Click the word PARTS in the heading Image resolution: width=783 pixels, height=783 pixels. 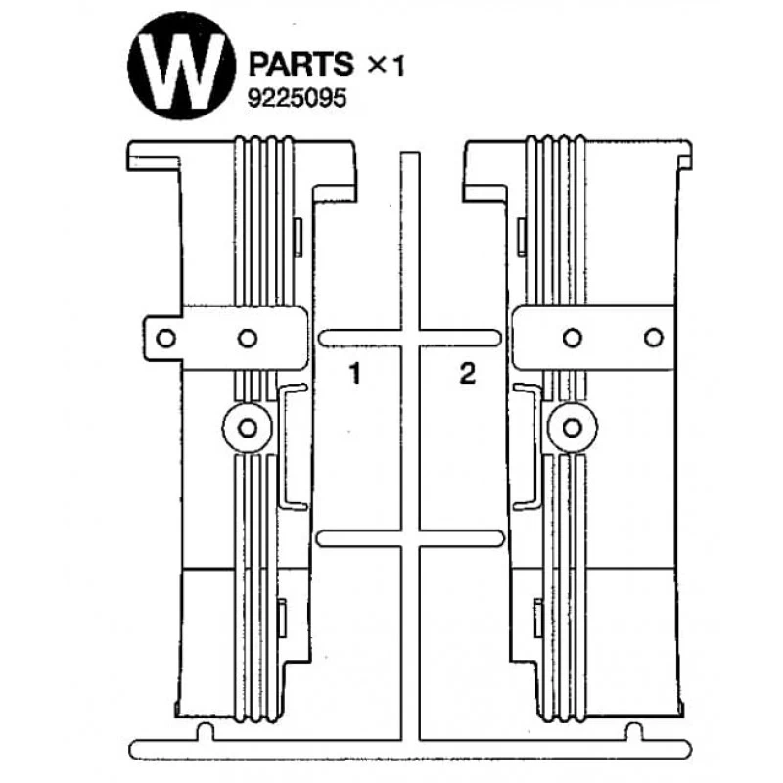click(x=300, y=65)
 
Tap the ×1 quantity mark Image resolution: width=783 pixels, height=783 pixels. click(x=385, y=66)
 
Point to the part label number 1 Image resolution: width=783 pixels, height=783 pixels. click(x=357, y=372)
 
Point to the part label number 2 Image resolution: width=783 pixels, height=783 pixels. click(x=467, y=372)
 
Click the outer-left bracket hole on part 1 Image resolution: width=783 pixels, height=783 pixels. click(x=166, y=339)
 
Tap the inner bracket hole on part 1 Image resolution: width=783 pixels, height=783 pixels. click(x=248, y=339)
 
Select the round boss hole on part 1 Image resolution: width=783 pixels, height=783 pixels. click(x=247, y=428)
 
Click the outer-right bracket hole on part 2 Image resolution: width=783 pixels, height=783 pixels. click(x=653, y=338)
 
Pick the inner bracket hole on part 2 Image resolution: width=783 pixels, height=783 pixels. click(x=573, y=338)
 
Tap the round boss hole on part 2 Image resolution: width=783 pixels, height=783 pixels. click(x=573, y=427)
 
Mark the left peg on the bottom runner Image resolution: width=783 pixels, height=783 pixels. click(x=204, y=730)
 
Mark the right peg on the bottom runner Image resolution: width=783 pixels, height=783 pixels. click(x=634, y=730)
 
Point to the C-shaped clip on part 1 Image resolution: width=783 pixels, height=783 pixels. click(x=291, y=446)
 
